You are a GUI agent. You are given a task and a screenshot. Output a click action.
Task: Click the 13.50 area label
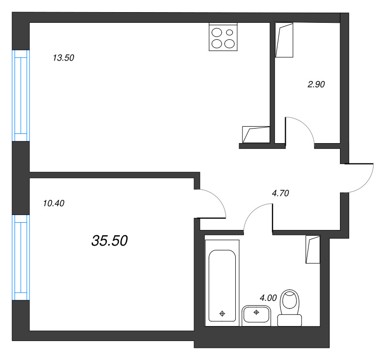(63, 58)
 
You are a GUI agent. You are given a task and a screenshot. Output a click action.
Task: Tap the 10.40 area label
(54, 204)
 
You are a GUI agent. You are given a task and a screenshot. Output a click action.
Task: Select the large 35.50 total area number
(109, 240)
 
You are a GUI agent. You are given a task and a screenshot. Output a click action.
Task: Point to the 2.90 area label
(316, 84)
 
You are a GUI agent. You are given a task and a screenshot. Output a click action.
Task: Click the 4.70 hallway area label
(280, 193)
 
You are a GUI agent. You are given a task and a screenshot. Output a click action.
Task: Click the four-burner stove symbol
(223, 37)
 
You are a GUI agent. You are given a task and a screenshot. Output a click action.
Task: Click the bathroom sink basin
(256, 315)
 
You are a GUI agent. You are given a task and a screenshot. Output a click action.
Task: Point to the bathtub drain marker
(222, 313)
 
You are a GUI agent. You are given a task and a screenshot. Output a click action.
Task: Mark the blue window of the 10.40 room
(21, 257)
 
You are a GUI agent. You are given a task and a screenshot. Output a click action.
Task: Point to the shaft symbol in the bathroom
(313, 249)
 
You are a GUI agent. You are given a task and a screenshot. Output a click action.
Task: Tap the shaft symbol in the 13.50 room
(256, 134)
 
